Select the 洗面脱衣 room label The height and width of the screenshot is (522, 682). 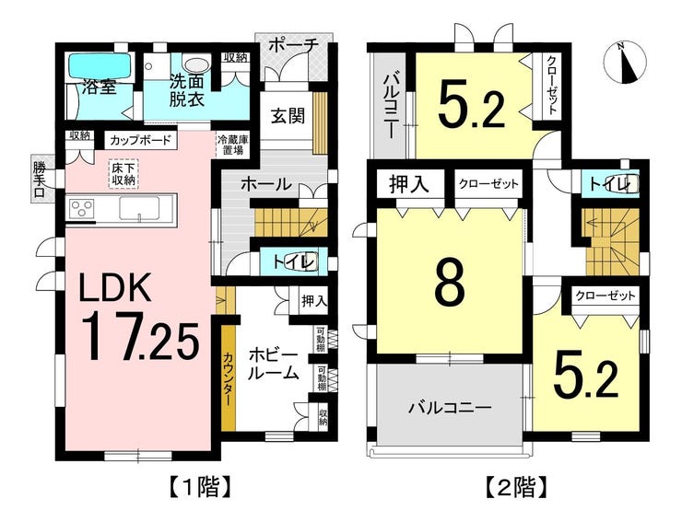tap(186, 90)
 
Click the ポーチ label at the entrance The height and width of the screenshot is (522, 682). tap(293, 44)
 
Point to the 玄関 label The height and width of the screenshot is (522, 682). tap(288, 116)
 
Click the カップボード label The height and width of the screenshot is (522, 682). tap(140, 140)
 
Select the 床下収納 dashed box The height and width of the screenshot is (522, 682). tap(123, 173)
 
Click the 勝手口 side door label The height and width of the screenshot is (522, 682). tap(40, 180)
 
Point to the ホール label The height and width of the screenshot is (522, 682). tap(265, 184)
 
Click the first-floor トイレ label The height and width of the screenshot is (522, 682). tap(293, 262)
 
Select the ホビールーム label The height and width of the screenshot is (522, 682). tap(273, 365)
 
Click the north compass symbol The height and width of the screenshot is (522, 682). tap(626, 62)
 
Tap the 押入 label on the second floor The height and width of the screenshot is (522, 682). tap(409, 184)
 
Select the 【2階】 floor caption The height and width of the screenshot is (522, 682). tap(516, 487)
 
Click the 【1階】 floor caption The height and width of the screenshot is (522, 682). tap(199, 487)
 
